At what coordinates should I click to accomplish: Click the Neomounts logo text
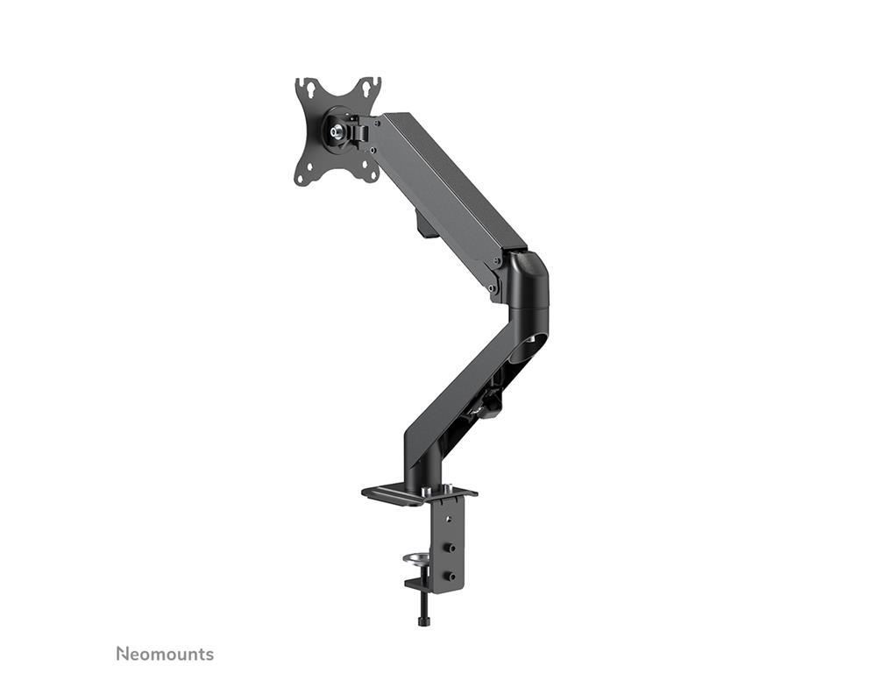(165, 654)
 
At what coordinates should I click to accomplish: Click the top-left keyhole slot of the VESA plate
(304, 88)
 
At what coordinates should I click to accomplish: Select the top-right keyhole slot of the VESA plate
(371, 87)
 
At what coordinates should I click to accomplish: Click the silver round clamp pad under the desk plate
(415, 558)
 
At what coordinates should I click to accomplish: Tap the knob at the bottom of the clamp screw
(425, 621)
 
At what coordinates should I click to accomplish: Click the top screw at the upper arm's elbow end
(496, 261)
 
